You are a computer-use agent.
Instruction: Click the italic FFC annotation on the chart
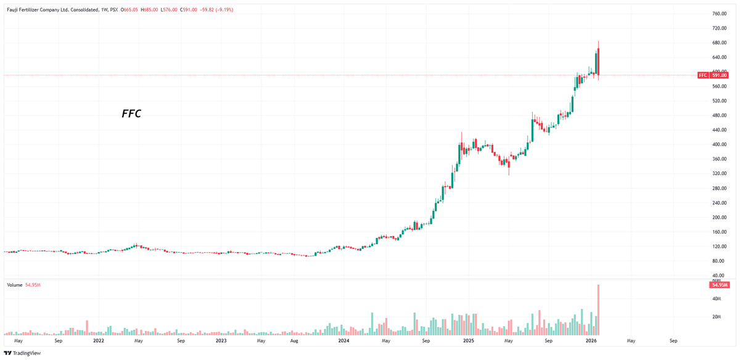(131, 113)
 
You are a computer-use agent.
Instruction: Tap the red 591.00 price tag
(718, 75)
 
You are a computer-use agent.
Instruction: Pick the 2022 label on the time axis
(98, 340)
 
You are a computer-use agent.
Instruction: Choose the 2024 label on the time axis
(343, 340)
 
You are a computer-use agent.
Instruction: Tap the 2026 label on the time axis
(591, 340)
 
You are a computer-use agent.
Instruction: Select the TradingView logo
(22, 353)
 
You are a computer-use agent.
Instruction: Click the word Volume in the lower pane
(15, 285)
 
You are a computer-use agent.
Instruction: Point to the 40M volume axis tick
(717, 299)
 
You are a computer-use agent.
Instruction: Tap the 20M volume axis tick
(717, 317)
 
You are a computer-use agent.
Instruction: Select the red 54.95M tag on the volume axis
(719, 285)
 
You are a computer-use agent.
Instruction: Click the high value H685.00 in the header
(150, 10)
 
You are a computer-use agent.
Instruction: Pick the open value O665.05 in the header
(129, 10)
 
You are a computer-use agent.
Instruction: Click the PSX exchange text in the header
(113, 10)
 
